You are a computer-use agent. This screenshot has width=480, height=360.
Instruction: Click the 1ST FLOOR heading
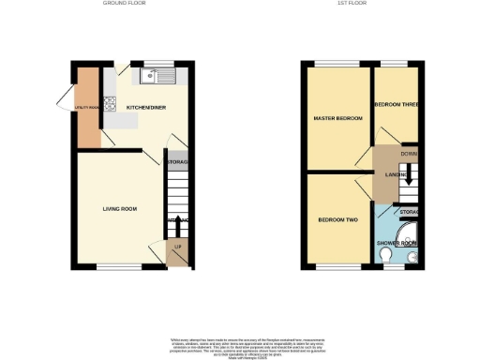coord(359,5)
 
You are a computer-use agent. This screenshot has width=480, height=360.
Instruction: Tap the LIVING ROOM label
coord(120,208)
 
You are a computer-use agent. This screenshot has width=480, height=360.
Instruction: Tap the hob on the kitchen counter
coord(111,104)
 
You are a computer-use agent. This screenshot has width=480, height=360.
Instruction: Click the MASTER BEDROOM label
coord(337,118)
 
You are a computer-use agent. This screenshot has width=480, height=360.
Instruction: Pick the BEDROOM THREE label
coord(394,104)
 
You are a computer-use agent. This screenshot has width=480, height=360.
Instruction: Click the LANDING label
coord(394,173)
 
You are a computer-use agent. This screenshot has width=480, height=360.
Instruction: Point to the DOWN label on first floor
coord(408,153)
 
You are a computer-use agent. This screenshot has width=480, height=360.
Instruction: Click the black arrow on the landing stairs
coord(408,172)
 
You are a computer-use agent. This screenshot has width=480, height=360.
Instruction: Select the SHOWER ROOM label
coord(396,243)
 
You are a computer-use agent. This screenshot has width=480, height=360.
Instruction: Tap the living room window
coord(117,265)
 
